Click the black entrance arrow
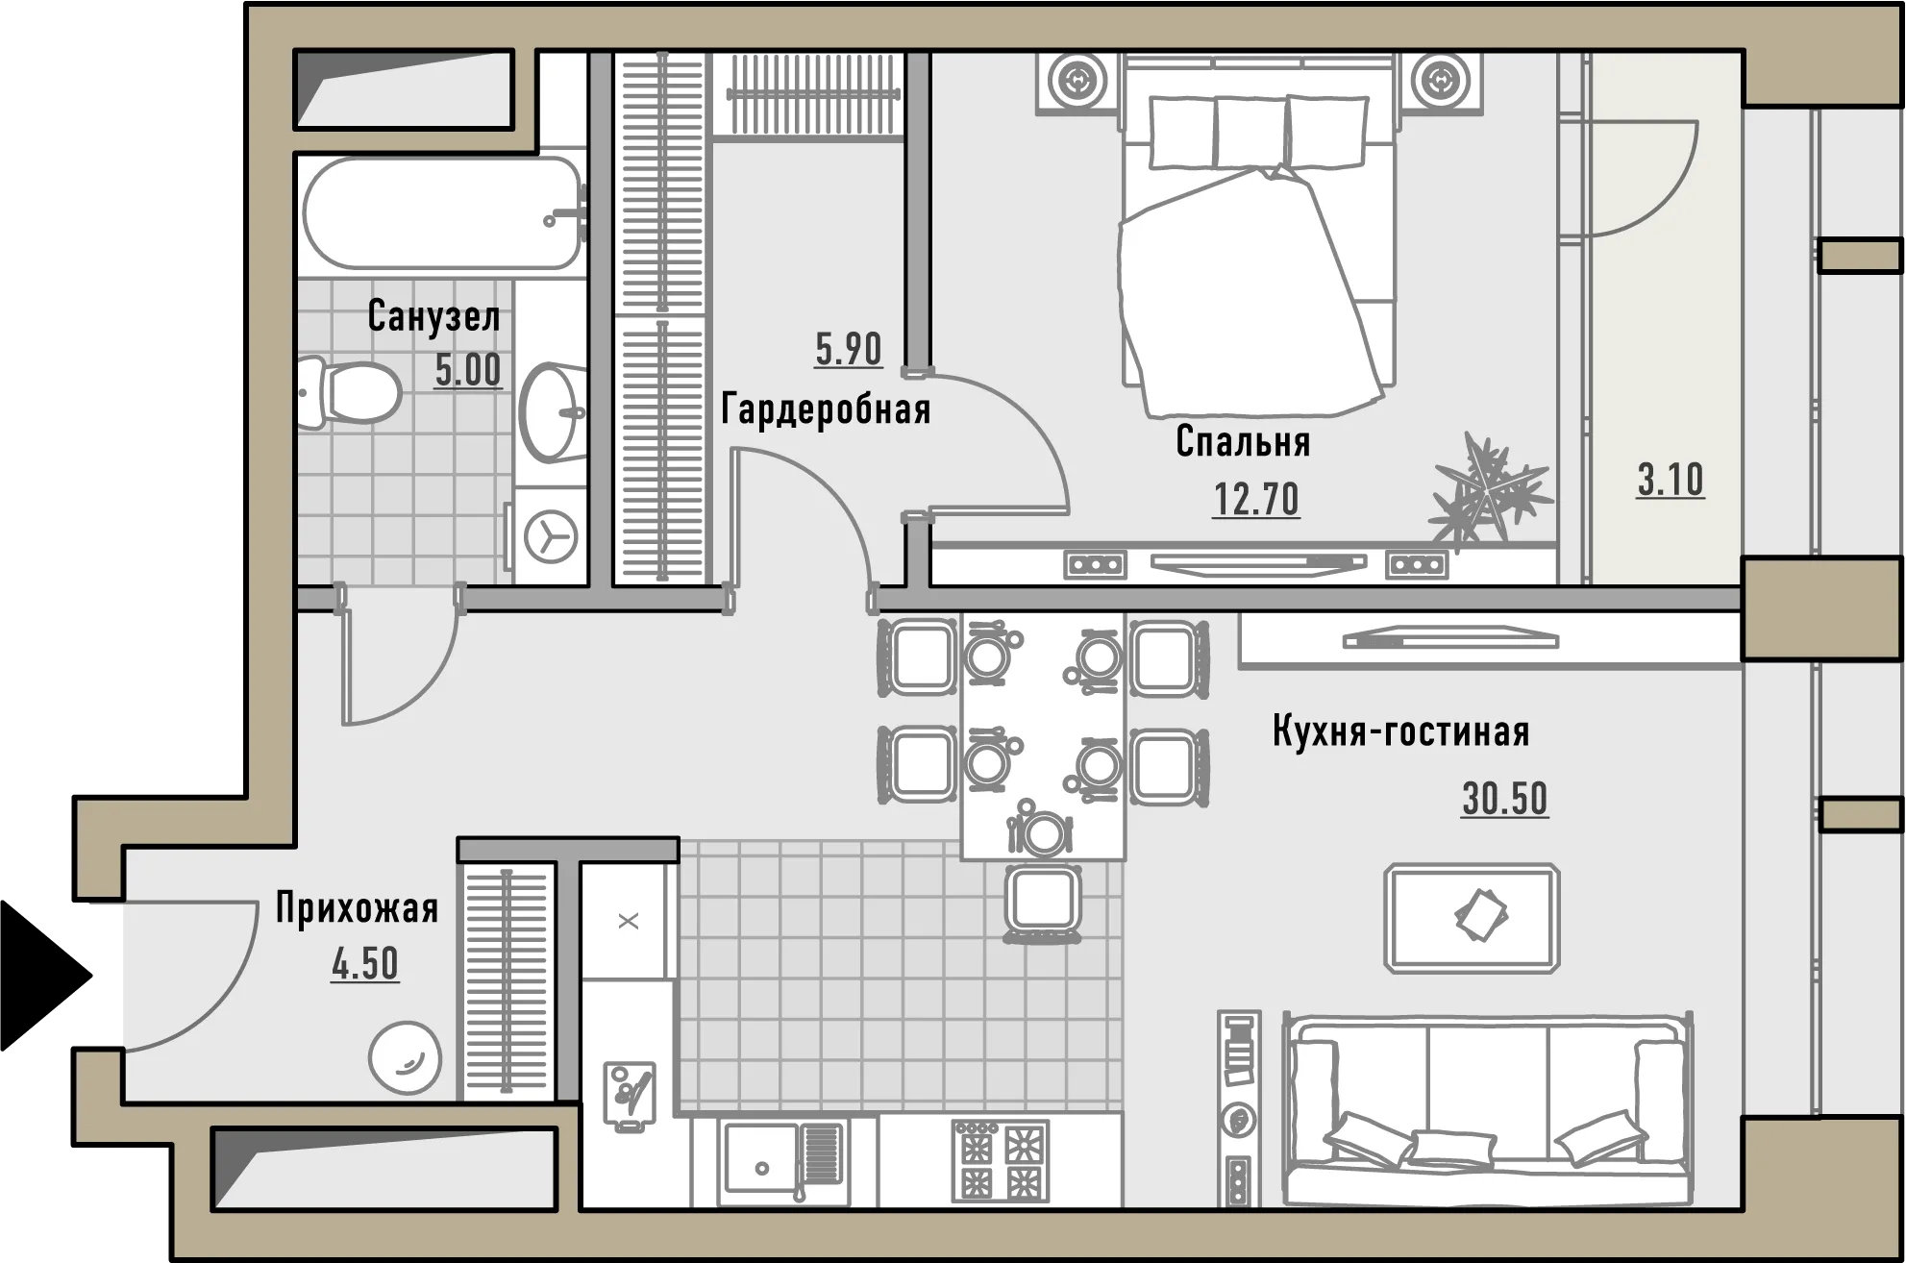click(x=43, y=975)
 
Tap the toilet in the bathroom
click(x=350, y=393)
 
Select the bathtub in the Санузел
click(x=444, y=212)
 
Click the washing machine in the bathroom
click(x=551, y=535)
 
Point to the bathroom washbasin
click(x=553, y=412)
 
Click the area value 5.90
click(x=848, y=349)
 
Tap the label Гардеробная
click(x=826, y=409)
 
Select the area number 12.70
click(x=1256, y=499)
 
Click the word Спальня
click(x=1244, y=441)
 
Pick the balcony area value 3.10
click(x=1671, y=480)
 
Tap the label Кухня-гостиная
click(x=1400, y=731)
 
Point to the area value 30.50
click(x=1505, y=799)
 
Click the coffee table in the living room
click(x=1472, y=918)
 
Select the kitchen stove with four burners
click(x=1000, y=1160)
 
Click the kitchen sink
click(x=784, y=1159)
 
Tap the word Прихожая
click(x=357, y=907)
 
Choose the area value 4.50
click(x=365, y=964)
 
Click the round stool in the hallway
click(x=405, y=1057)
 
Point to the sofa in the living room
click(x=1488, y=1108)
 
